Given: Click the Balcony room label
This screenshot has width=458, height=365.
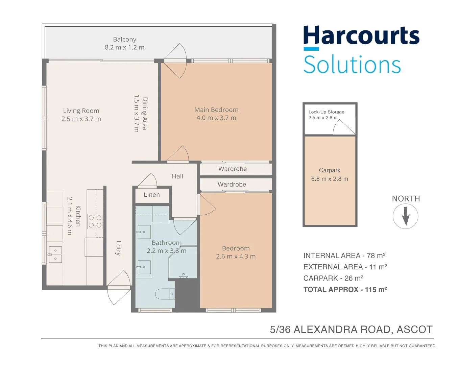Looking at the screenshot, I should pos(124,40).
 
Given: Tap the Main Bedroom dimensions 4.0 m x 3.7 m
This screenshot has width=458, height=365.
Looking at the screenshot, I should pos(216,118).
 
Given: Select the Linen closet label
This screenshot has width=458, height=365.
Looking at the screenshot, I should pos(151,195).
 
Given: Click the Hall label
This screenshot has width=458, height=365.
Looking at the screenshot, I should pos(177,176).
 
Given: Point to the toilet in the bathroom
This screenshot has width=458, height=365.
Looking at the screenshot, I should pos(165,294).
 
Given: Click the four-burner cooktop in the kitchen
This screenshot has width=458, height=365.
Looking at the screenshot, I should pos(95,221).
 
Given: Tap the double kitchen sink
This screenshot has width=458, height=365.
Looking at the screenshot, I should pos(55,254).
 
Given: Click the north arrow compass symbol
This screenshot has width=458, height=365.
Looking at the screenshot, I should pos(405,216).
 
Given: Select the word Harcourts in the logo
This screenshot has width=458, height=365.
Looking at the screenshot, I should pos(361,36).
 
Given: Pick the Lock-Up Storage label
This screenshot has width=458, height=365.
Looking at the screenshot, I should pos(326,112).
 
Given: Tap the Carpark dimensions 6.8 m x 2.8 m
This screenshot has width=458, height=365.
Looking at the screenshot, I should pos(330,179).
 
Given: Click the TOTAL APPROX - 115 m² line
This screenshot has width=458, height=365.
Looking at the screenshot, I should pos(345,290).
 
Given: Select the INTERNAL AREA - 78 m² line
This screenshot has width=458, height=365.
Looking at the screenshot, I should pos(344,256).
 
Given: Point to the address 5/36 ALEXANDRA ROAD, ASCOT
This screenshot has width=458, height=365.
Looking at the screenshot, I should pos(351,330).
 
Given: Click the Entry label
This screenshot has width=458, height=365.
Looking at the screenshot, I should pos(118,248).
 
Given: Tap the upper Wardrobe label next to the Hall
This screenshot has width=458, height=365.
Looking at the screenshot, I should pos(232,169).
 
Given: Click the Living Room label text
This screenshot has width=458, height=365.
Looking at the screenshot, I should pos(81,111).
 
